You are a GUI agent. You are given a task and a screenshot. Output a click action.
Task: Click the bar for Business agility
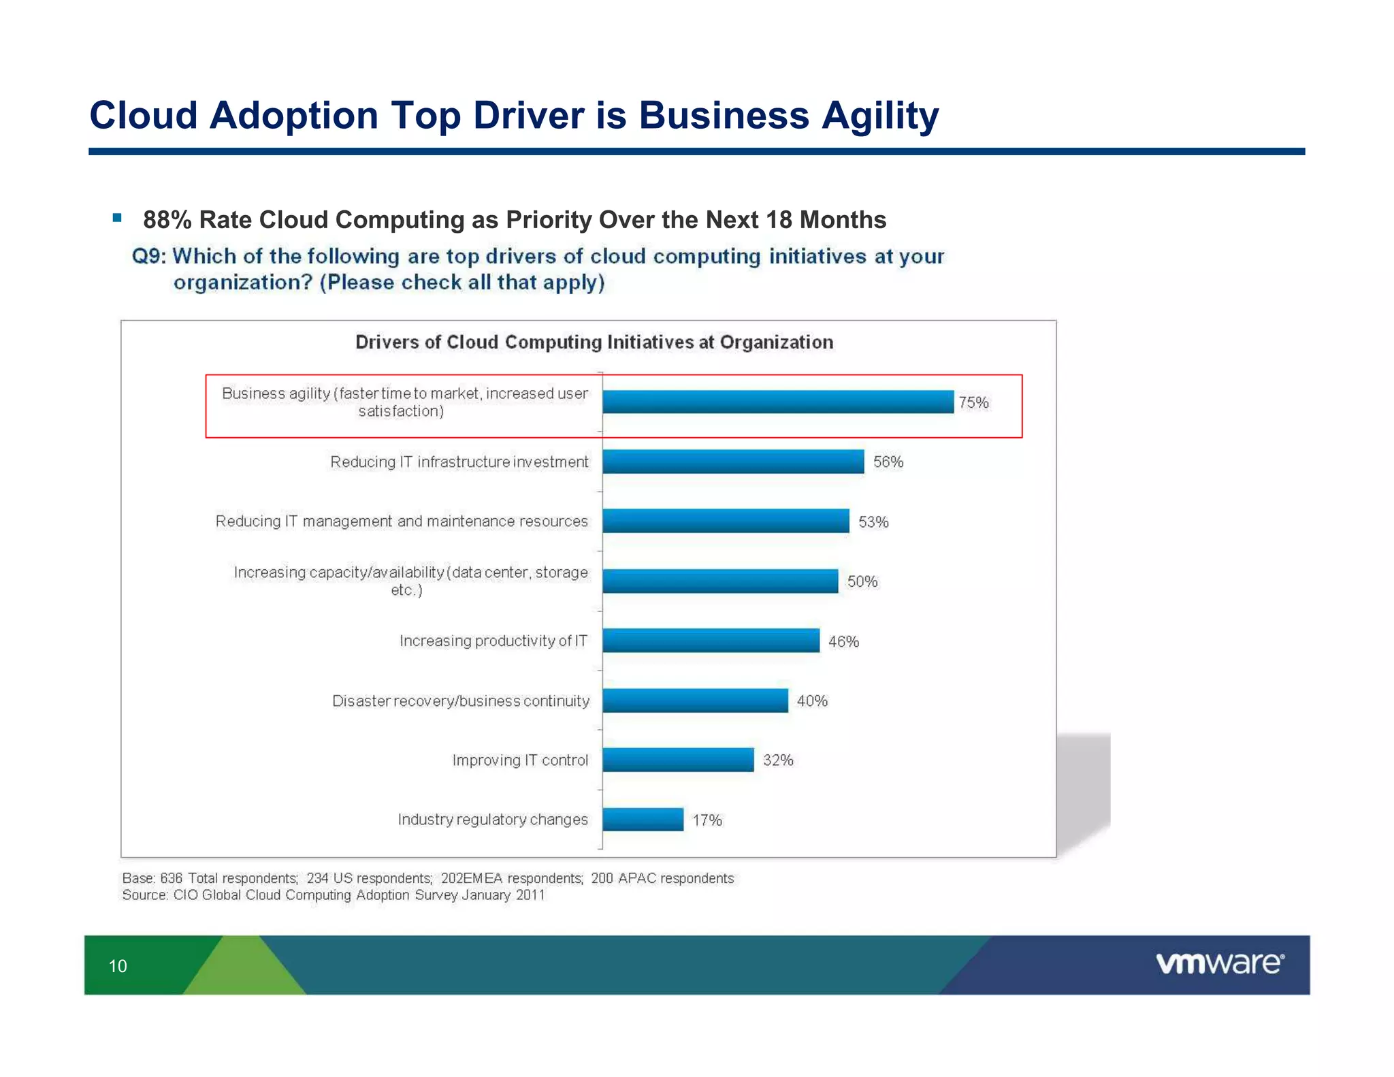tap(777, 402)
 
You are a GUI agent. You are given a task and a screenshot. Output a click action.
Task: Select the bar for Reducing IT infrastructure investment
tap(733, 462)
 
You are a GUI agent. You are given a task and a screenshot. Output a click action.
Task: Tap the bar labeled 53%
tap(726, 521)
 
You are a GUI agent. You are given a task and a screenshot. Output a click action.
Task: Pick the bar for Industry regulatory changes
tap(643, 819)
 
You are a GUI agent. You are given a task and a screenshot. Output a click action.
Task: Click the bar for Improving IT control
tap(678, 760)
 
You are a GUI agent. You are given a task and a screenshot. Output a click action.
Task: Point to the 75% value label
tap(973, 402)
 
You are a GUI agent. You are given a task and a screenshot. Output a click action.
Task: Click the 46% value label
tap(843, 641)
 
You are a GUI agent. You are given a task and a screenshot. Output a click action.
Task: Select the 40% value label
tap(812, 701)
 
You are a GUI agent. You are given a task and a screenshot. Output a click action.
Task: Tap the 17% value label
tap(707, 820)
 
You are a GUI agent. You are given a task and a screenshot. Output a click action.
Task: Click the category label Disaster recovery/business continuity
tap(461, 701)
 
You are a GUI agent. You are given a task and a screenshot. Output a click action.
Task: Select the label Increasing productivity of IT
tap(493, 641)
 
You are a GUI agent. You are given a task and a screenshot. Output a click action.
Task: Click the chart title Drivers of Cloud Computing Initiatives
tap(594, 342)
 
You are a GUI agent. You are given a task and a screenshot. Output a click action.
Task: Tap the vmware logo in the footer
tap(1220, 963)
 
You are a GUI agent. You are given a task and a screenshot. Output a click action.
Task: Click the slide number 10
tap(118, 966)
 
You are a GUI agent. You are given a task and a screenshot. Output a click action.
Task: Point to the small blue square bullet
tap(117, 218)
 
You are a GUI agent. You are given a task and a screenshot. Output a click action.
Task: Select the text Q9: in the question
tap(148, 257)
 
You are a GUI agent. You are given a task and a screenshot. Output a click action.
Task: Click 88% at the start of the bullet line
tap(167, 220)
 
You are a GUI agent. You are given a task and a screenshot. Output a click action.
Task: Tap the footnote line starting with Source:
tap(334, 895)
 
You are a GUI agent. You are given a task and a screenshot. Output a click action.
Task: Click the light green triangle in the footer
tap(245, 970)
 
